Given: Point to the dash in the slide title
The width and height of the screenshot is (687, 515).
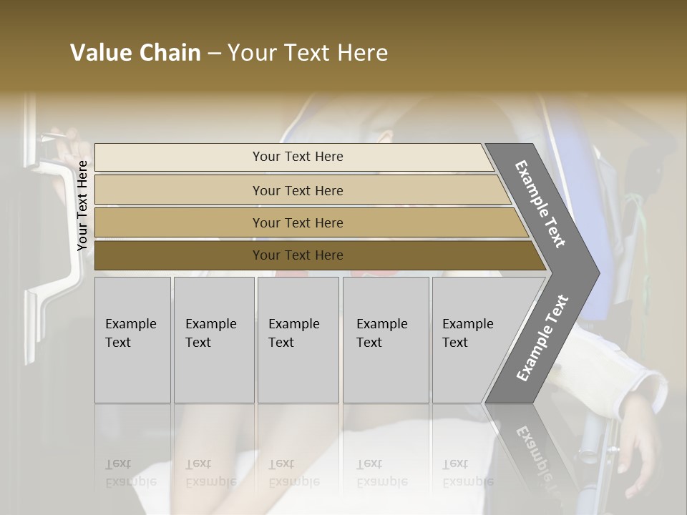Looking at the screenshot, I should [x=214, y=54].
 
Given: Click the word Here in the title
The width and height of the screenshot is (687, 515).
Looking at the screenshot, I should [x=362, y=53].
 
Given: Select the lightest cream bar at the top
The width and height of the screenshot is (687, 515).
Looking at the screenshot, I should [x=297, y=157].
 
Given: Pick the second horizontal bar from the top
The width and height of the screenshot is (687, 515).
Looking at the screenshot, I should [x=297, y=190].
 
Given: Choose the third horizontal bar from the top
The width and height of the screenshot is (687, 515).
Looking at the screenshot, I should [x=297, y=222].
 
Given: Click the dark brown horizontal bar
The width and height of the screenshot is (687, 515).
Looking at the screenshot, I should [x=297, y=255].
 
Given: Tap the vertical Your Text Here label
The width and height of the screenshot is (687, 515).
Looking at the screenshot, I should [x=82, y=205].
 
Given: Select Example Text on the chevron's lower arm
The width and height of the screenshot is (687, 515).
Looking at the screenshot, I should [x=542, y=338].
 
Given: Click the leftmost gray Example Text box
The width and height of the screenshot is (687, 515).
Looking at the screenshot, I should [x=132, y=340].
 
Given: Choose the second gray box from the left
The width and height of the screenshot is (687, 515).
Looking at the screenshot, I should [x=214, y=340].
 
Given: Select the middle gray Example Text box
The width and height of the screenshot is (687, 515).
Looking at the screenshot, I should [x=298, y=340].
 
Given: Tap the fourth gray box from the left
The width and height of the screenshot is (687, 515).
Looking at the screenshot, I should [x=386, y=340].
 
